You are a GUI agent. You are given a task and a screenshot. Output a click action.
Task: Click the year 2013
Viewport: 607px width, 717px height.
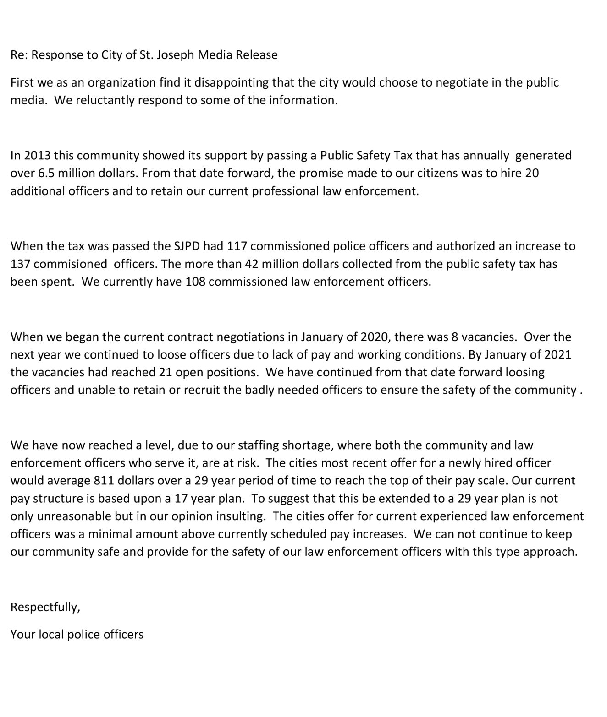click(37, 155)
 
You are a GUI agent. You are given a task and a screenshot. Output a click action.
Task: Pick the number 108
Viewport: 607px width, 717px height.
click(195, 282)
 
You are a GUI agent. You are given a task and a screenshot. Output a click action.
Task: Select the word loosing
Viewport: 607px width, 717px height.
click(524, 372)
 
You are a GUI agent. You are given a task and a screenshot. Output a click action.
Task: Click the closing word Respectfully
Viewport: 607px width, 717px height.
click(45, 607)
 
